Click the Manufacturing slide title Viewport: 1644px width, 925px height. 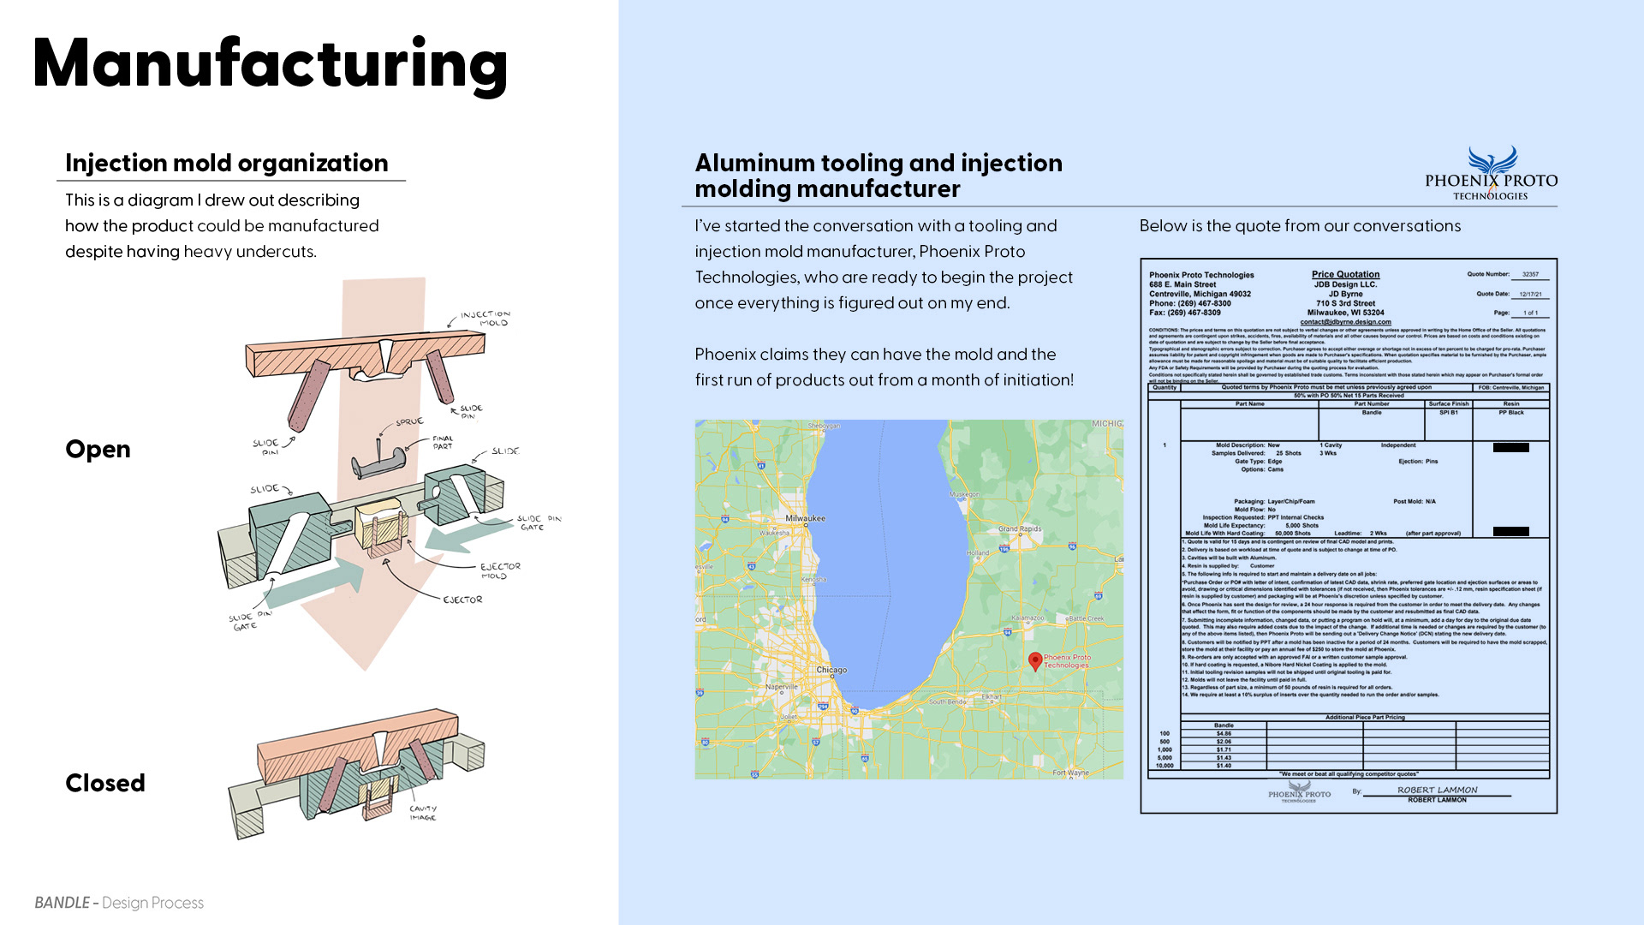270,64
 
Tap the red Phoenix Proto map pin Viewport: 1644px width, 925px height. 1035,660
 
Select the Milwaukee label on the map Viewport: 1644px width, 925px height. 805,518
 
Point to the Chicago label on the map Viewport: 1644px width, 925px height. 831,670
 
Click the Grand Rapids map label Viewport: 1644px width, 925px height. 1019,528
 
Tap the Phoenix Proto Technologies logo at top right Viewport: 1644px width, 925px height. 1491,174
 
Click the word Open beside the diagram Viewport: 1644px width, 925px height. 98,450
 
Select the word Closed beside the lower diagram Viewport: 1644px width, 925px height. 105,783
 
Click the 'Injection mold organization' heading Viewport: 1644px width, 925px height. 226,163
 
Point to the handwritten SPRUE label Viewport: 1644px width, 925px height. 409,421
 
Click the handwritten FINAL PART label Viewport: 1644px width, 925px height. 443,442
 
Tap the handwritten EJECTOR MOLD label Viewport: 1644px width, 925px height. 499,570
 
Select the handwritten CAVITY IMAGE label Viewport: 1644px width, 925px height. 423,812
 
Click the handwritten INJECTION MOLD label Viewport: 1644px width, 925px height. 485,318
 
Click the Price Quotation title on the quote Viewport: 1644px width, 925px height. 1345,274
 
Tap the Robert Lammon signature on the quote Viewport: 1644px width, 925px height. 1437,790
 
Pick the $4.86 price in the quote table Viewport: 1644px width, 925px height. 1224,733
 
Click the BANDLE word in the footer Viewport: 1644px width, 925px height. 62,903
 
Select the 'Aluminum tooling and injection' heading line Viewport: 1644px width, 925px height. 878,163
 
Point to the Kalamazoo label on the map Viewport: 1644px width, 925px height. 1027,618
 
